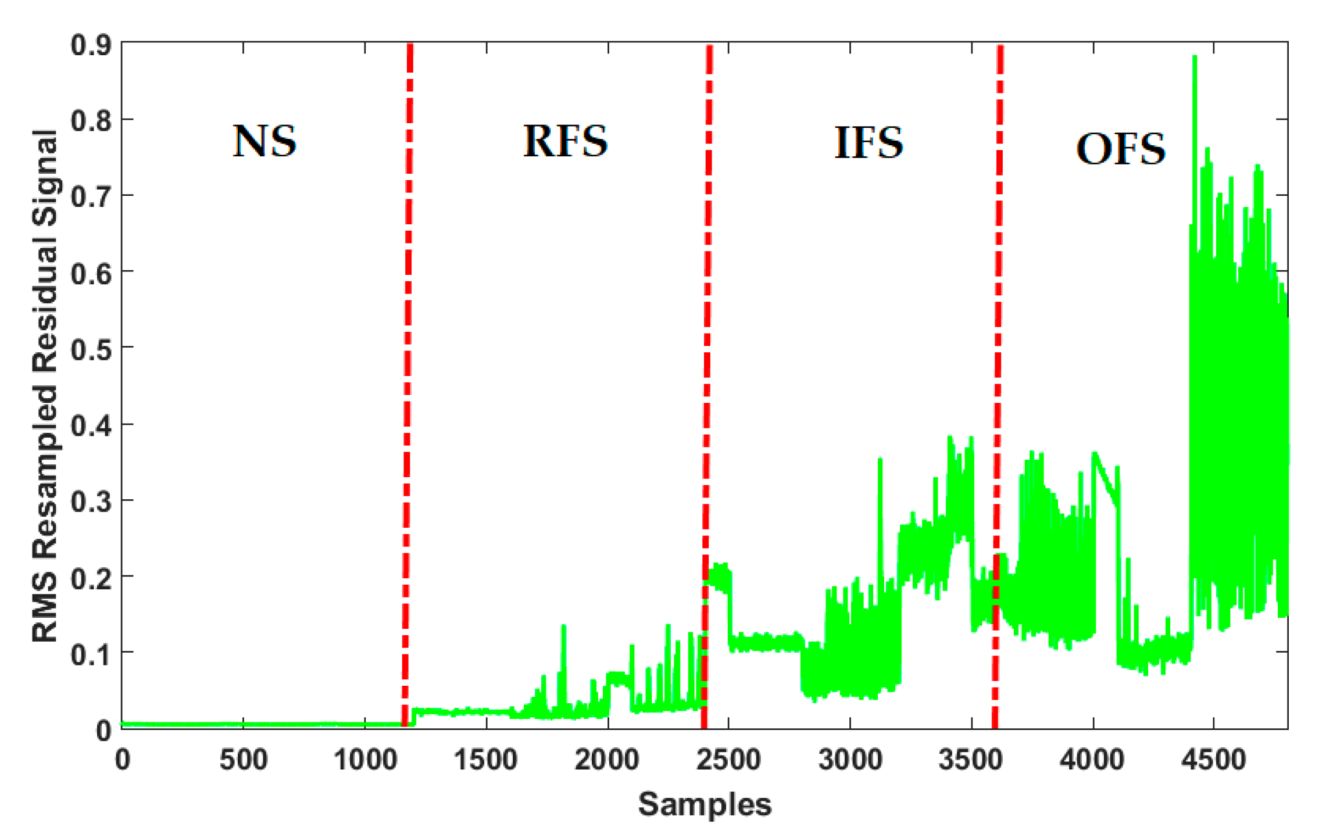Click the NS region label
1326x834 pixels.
point(265,141)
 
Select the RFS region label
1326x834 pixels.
point(565,141)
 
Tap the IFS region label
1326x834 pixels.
point(869,142)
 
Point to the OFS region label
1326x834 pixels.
point(1120,149)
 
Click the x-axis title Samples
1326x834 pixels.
point(705,804)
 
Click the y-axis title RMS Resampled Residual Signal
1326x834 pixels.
point(45,386)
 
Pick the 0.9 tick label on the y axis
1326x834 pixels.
point(91,45)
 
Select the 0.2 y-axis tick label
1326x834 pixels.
point(91,577)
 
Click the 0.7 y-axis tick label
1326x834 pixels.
point(91,196)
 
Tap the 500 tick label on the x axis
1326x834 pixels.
point(243,760)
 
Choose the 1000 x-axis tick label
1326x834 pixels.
point(364,760)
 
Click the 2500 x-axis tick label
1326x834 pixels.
point(728,760)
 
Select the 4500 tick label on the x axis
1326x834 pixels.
point(1214,760)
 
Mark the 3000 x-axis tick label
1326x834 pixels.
point(850,760)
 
